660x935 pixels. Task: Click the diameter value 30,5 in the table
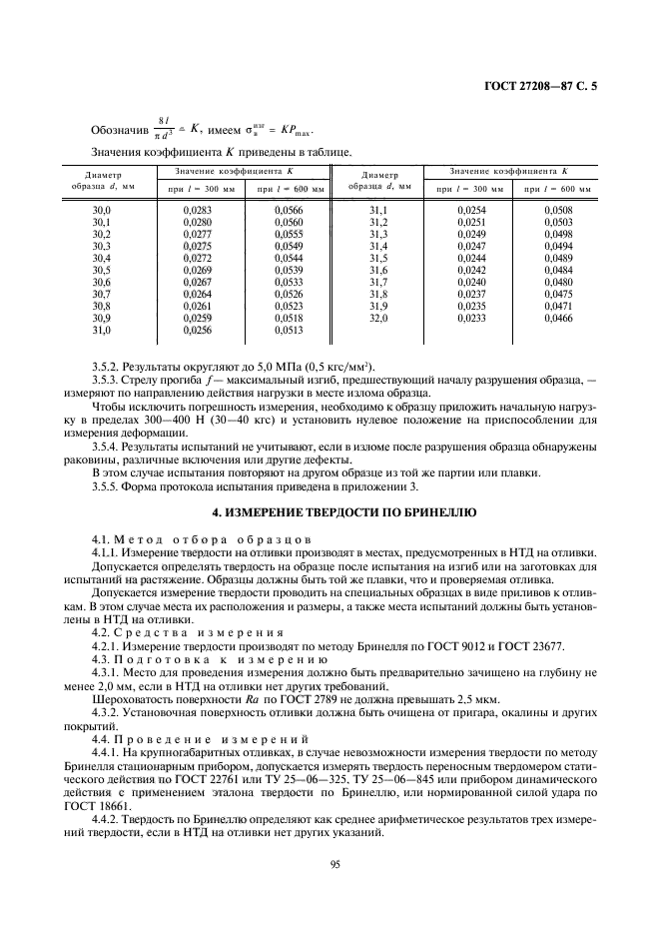point(102,270)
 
